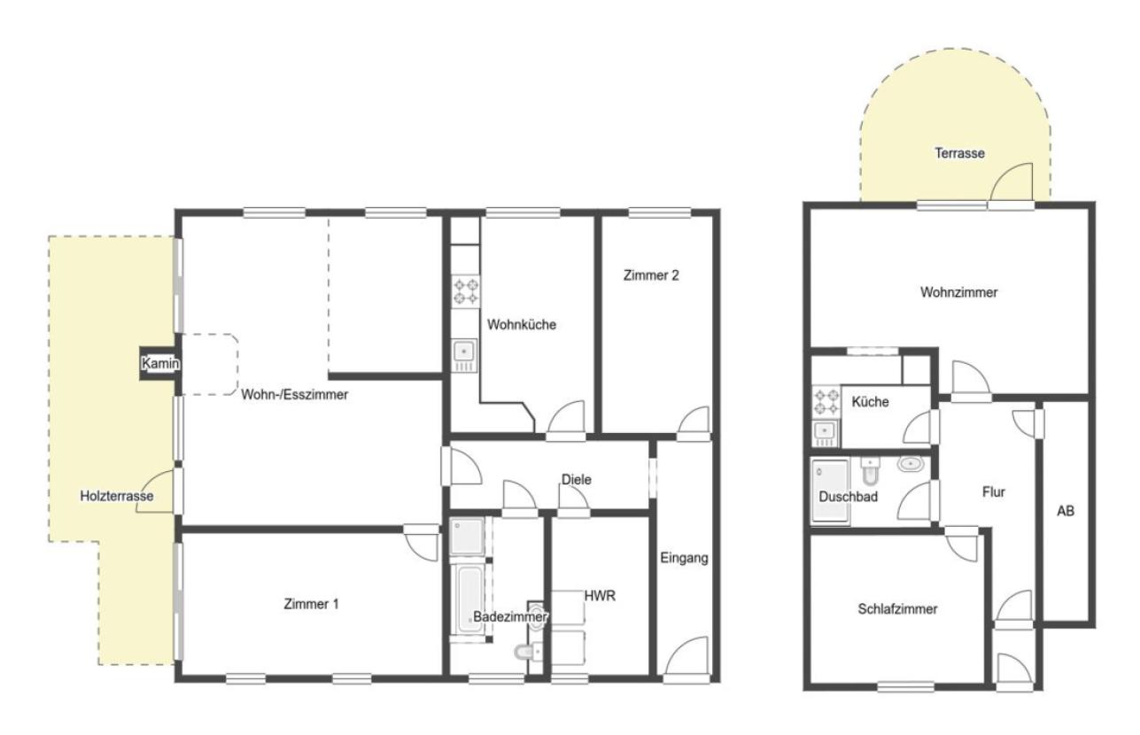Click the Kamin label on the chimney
click(160, 363)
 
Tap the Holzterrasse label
click(117, 496)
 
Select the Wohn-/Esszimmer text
click(295, 394)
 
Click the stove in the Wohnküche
click(466, 291)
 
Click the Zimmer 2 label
click(651, 275)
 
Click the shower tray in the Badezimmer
click(467, 536)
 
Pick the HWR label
click(600, 596)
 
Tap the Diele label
click(576, 479)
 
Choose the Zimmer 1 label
click(311, 604)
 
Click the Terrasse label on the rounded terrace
click(959, 153)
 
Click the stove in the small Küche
click(826, 401)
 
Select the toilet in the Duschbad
click(870, 471)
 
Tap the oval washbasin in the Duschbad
click(911, 463)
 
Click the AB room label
click(1066, 510)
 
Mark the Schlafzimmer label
click(897, 609)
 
